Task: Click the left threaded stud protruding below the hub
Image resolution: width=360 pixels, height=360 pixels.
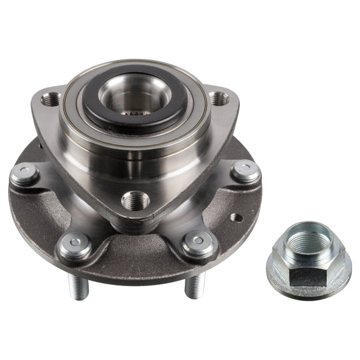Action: click(x=78, y=285)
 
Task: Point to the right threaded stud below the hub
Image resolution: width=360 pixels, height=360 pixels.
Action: click(x=193, y=285)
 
